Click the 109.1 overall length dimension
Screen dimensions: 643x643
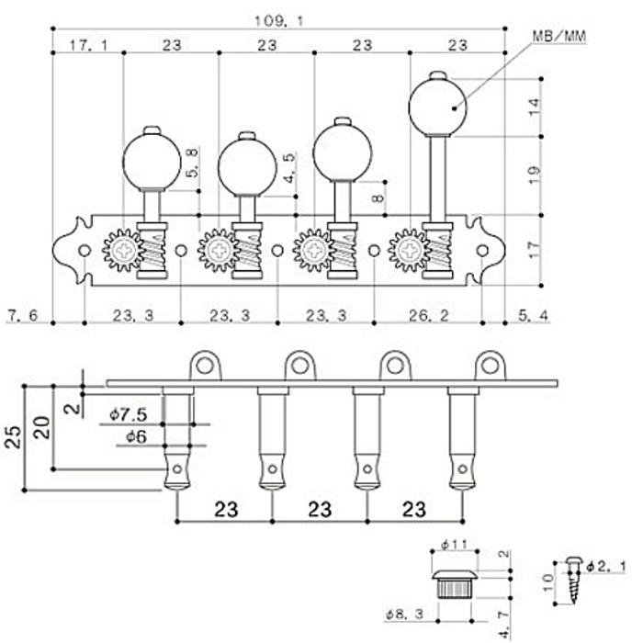click(279, 20)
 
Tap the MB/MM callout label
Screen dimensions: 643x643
click(559, 36)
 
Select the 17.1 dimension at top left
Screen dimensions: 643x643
click(88, 45)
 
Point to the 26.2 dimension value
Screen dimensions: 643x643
click(429, 315)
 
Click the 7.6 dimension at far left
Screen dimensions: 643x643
click(23, 315)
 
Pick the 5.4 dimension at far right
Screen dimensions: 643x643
click(533, 315)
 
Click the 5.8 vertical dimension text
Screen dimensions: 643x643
click(192, 163)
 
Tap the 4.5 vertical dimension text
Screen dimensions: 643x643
click(289, 168)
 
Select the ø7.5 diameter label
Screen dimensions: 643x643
click(129, 414)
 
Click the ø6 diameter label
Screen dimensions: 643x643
click(137, 436)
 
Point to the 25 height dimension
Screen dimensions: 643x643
click(12, 437)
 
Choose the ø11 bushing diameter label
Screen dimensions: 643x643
click(455, 545)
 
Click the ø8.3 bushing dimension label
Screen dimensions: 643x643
click(404, 615)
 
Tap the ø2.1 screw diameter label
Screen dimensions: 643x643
click(606, 567)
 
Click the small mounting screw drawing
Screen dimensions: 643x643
click(574, 580)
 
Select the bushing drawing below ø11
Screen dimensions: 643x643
click(455, 583)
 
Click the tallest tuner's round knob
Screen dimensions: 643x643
click(437, 107)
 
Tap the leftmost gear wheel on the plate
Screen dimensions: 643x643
click(122, 250)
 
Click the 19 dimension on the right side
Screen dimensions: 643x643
click(535, 175)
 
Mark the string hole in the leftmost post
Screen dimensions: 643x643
click(177, 468)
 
